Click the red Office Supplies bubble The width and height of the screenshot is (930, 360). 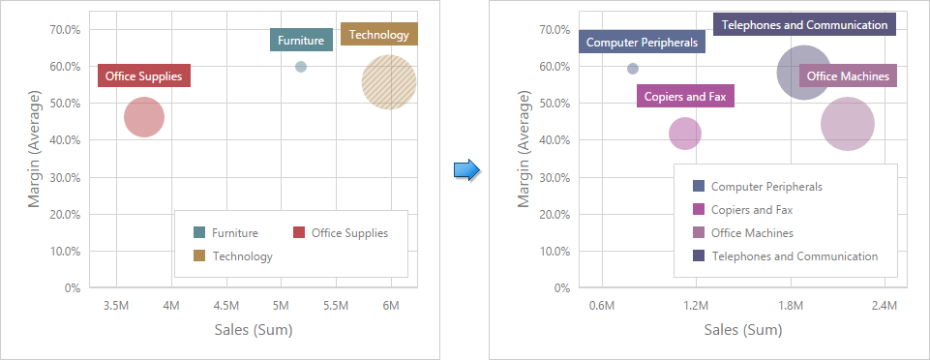point(144,117)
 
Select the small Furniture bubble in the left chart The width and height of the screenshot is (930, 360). point(301,67)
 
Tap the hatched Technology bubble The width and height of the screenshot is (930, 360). point(389,82)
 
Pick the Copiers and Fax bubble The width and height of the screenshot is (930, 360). point(685,133)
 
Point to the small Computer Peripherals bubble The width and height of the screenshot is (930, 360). point(633,69)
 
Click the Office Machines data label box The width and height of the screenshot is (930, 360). point(848,75)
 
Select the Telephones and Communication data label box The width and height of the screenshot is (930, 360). point(804,25)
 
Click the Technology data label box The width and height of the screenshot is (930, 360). point(379,34)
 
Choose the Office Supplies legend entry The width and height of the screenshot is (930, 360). point(349,232)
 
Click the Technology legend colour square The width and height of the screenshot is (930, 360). point(199,255)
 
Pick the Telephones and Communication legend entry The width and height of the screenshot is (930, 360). point(795,256)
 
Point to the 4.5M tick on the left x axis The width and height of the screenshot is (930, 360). point(226,306)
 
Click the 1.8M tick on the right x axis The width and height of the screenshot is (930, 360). point(791,306)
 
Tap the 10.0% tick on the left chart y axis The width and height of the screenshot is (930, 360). point(65,252)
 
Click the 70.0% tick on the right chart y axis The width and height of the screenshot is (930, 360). point(555,30)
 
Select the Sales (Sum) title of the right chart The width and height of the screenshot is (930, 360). point(743,330)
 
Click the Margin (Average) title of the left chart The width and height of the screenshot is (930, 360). point(34,148)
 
